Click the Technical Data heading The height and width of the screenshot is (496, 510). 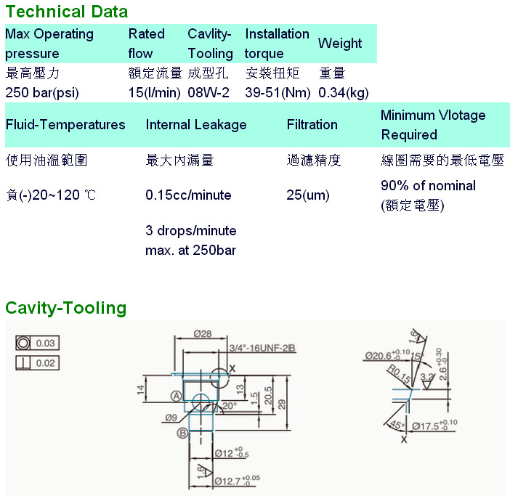click(x=66, y=12)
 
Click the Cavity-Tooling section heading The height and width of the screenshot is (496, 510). click(x=66, y=308)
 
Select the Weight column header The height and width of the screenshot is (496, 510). click(x=339, y=44)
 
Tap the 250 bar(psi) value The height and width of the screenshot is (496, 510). click(x=42, y=92)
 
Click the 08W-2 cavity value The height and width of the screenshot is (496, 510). click(x=209, y=92)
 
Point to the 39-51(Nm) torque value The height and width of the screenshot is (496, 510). click(x=278, y=92)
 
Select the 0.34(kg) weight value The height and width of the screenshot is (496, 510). click(x=344, y=92)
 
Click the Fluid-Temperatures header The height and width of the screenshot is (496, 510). click(x=65, y=125)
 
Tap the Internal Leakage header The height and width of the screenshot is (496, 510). click(x=196, y=125)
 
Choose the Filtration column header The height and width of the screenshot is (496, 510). click(x=312, y=125)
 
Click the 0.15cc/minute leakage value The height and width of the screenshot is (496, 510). click(x=188, y=195)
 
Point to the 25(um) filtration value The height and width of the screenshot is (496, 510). click(x=308, y=195)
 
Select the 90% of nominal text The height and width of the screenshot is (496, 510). click(x=428, y=185)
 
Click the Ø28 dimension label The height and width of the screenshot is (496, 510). click(x=202, y=333)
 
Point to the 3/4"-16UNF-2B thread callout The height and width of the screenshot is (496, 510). click(x=262, y=349)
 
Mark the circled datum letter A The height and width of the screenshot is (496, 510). click(x=176, y=395)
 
